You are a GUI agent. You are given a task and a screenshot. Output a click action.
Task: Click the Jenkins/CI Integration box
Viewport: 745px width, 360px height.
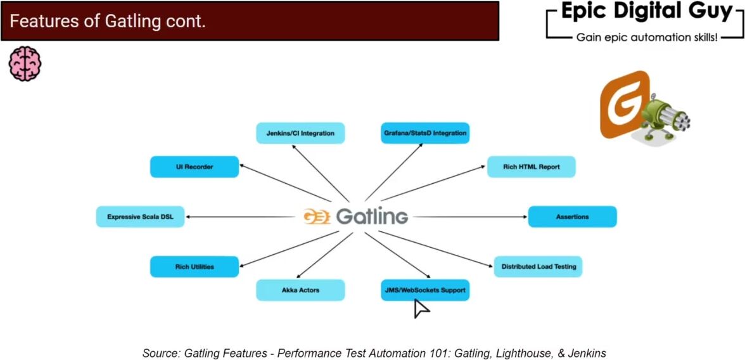[x=300, y=133]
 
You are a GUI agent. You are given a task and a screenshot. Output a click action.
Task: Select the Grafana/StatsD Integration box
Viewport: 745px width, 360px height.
[x=425, y=133]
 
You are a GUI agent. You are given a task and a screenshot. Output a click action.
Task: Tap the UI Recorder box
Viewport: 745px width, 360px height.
[x=194, y=167]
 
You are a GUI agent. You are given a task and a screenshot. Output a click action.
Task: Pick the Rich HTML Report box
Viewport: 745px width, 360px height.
[x=531, y=167]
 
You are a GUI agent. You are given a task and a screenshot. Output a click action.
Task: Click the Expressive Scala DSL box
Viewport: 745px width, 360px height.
[x=140, y=217]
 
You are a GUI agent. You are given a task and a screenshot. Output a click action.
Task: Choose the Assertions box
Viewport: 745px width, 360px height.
[x=572, y=217]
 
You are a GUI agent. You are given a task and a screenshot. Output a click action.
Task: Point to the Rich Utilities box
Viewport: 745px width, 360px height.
[x=194, y=267]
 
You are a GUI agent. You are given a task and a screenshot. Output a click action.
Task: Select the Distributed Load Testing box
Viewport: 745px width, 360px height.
[x=538, y=267]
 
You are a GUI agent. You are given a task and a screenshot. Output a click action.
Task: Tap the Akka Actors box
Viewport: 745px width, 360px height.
[x=300, y=290]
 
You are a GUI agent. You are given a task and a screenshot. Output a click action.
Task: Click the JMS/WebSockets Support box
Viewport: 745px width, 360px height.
[x=425, y=290]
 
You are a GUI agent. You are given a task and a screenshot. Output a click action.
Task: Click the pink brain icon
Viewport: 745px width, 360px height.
[x=25, y=63]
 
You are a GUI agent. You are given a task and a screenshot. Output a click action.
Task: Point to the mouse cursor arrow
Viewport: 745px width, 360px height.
[x=421, y=308]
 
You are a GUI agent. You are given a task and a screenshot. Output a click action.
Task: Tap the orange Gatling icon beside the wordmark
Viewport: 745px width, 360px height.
[x=316, y=217]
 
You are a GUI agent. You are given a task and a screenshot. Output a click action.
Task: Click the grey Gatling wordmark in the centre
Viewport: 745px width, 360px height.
[x=372, y=217]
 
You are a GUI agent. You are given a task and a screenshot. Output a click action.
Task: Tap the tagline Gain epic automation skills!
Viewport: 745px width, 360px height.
[x=647, y=38]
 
